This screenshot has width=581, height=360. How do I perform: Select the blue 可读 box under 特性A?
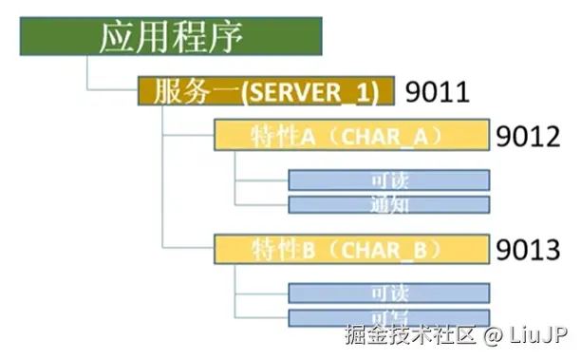pyautogui.click(x=388, y=180)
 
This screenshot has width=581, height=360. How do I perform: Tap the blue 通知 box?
pyautogui.click(x=388, y=204)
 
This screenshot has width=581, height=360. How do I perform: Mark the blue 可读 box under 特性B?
pyautogui.click(x=388, y=293)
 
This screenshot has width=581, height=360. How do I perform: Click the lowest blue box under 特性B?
pyautogui.click(x=388, y=317)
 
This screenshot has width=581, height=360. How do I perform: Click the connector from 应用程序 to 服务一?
pyautogui.click(x=88, y=76)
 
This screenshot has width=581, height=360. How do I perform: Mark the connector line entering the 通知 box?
pyautogui.click(x=261, y=204)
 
